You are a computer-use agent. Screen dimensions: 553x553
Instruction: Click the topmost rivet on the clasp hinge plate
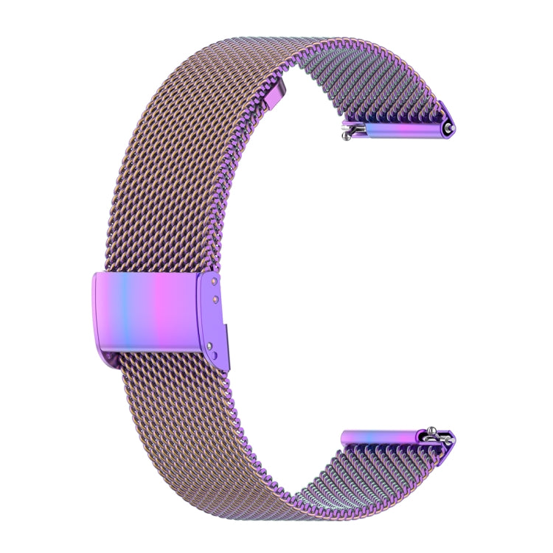[214, 281]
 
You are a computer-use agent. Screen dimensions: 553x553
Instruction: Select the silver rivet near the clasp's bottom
[212, 343]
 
